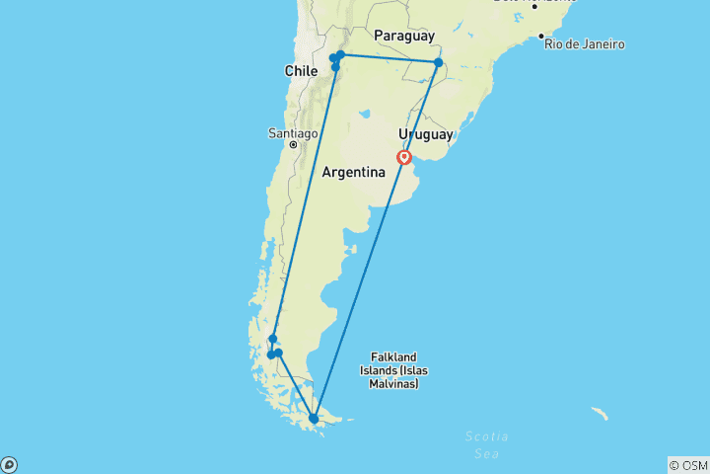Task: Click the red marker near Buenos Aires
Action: click(x=404, y=157)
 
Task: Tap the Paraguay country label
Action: click(x=404, y=37)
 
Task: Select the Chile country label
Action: click(x=301, y=71)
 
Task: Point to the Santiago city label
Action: click(x=292, y=133)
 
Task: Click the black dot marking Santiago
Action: click(x=293, y=145)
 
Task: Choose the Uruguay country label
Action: click(x=425, y=134)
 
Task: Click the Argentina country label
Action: click(x=353, y=172)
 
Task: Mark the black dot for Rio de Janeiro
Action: click(x=541, y=37)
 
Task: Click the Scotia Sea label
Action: click(x=487, y=443)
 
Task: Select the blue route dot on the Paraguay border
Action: click(x=438, y=63)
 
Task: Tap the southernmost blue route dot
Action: click(x=314, y=419)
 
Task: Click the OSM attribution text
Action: click(x=687, y=465)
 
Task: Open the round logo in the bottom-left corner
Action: click(x=9, y=464)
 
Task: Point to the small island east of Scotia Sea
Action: click(x=599, y=414)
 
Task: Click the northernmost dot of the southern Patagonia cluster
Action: click(x=273, y=339)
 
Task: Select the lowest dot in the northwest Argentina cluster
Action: click(x=335, y=67)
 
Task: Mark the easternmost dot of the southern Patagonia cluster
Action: click(x=278, y=353)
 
